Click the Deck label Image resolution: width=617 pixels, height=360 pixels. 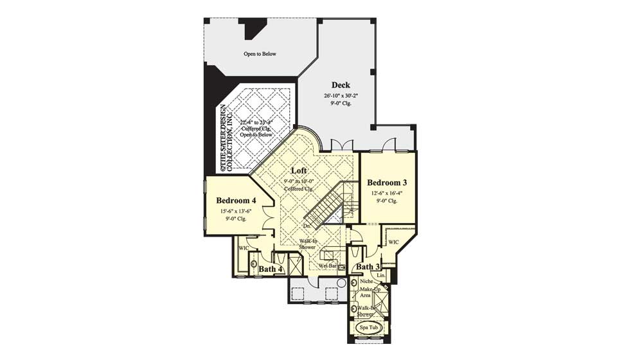341,85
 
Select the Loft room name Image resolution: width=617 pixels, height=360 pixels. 298,171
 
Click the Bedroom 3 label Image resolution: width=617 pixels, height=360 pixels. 388,182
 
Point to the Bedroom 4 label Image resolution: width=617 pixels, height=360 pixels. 237,199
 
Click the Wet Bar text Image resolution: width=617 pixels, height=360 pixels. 328,264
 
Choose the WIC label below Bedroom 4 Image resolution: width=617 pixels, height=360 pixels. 244,247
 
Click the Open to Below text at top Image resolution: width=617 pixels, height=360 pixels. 260,54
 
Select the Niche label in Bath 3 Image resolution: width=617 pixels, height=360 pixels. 367,281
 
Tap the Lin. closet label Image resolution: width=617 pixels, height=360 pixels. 381,275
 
